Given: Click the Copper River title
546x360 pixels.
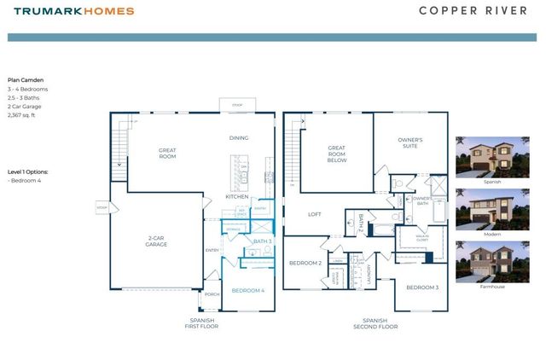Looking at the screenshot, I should (x=477, y=11).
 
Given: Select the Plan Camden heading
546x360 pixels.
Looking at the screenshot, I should (x=26, y=80).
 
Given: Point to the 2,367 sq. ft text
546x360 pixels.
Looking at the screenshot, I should (x=24, y=114).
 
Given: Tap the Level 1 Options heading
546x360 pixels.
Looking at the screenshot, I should (x=28, y=171).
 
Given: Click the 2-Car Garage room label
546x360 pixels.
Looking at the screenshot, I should (x=155, y=241).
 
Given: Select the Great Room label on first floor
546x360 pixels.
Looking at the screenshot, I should (x=167, y=154).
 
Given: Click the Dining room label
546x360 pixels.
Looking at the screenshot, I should (x=238, y=138).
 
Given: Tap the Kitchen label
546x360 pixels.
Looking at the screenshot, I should (x=236, y=197).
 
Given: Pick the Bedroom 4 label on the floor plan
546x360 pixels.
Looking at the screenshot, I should (x=248, y=291).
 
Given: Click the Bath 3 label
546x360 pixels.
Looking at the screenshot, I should (x=263, y=242).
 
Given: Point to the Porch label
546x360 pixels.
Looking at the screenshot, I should (x=212, y=295).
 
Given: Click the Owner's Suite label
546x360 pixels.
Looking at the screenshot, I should (x=410, y=142).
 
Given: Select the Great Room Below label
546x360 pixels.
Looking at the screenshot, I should (x=336, y=154).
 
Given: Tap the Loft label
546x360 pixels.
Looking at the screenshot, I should (x=315, y=214).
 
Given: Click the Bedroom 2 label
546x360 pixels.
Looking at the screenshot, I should (x=304, y=264).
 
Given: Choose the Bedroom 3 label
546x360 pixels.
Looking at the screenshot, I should (x=422, y=287).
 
